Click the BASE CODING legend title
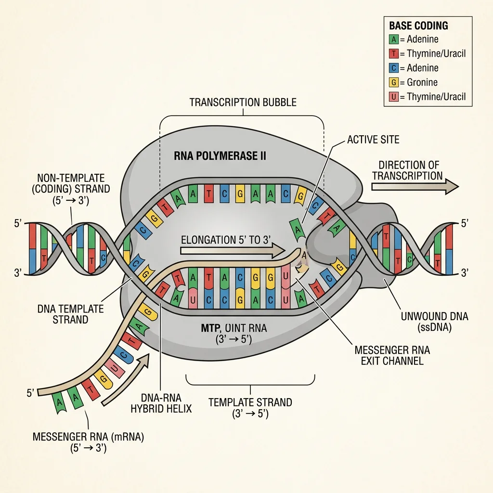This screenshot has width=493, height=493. click(418, 26)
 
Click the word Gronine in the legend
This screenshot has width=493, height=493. click(423, 82)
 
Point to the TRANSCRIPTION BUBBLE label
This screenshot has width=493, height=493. click(243, 102)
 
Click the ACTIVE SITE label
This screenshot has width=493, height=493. click(373, 140)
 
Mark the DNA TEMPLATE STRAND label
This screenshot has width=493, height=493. click(70, 314)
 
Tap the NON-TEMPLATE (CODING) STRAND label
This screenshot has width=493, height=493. click(74, 189)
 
